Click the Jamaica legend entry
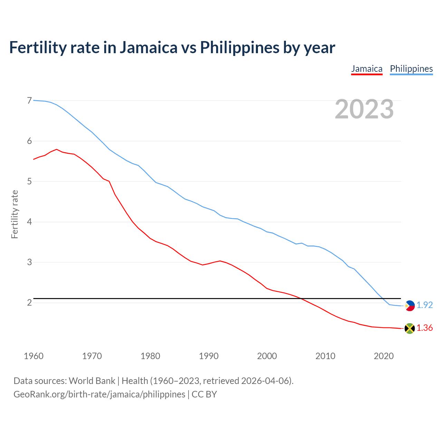pos(367,69)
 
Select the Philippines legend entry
pos(411,69)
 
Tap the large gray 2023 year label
pos(364,109)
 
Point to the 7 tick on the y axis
pos(29,100)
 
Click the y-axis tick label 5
pos(29,181)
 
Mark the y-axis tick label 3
pos(29,262)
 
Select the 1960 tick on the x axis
pos(33,356)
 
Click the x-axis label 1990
pos(209,356)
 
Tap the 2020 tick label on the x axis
pos(384,356)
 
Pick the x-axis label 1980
pos(150,356)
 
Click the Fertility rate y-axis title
pos(15,214)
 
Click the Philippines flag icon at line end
pos(410,306)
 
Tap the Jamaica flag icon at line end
pos(410,328)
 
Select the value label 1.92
pos(424,305)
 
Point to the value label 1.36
pos(424,328)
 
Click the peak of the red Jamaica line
pos(57,149)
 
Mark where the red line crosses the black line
pos(300,298)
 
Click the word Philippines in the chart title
pos(240,47)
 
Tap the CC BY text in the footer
pos(204,394)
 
